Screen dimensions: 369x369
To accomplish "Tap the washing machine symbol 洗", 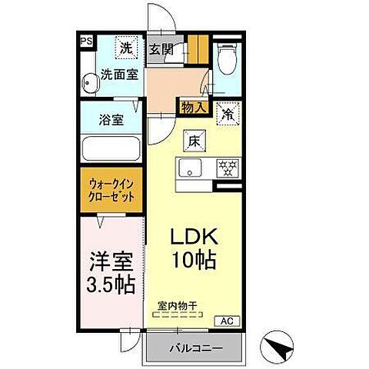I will [x=125, y=48].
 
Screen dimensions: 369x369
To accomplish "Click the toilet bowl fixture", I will [x=227, y=58].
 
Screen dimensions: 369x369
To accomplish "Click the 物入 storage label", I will [x=193, y=108].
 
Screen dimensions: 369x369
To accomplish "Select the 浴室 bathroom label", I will [x=112, y=121].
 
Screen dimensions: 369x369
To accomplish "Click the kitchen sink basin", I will [x=189, y=168].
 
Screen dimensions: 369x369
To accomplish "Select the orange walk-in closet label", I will [x=112, y=190].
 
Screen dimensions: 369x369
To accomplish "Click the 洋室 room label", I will [x=112, y=261].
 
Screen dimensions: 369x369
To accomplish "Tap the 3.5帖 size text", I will [x=112, y=285].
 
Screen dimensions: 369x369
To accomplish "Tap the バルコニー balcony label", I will [x=196, y=348].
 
